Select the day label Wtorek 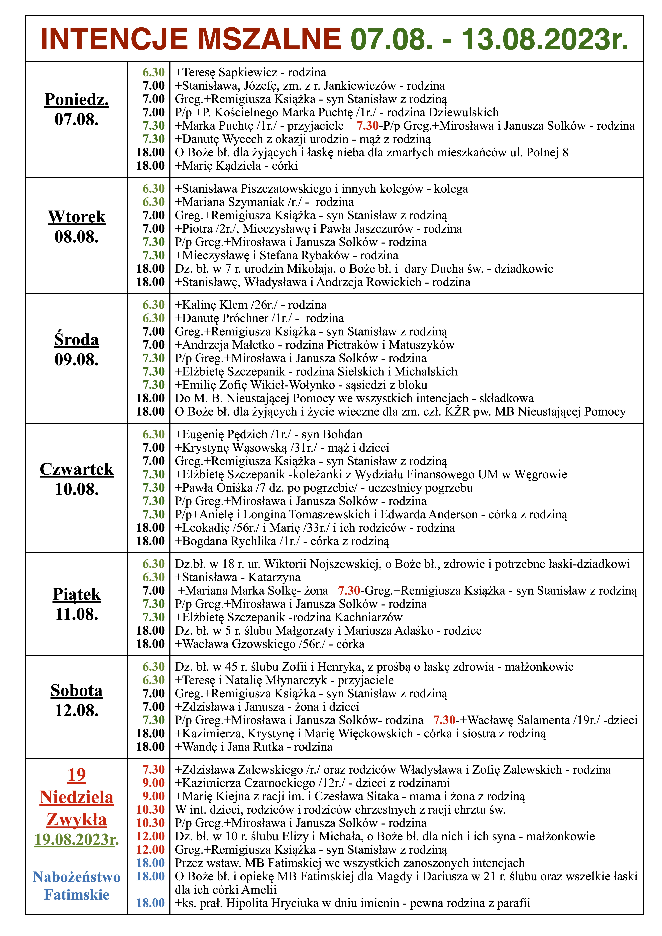[x=77, y=217]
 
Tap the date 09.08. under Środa [x=77, y=360]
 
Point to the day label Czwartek [x=77, y=469]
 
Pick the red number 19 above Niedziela [x=77, y=775]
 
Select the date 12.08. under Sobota [x=77, y=710]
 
